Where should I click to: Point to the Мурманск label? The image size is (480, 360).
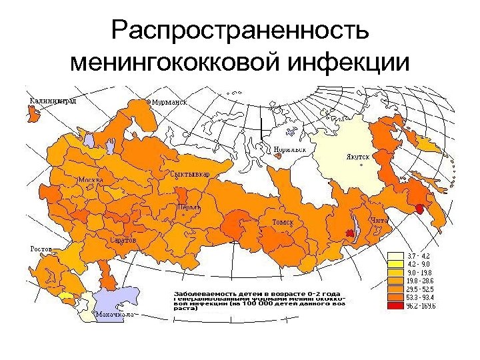[169, 103]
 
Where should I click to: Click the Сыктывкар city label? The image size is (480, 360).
[190, 174]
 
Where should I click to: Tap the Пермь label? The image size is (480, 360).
[189, 207]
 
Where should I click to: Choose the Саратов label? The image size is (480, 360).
[123, 239]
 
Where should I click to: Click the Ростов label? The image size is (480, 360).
[41, 249]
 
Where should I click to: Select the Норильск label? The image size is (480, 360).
[290, 149]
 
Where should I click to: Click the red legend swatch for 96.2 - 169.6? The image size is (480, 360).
[396, 307]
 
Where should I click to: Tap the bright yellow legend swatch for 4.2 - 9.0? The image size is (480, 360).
[396, 264]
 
